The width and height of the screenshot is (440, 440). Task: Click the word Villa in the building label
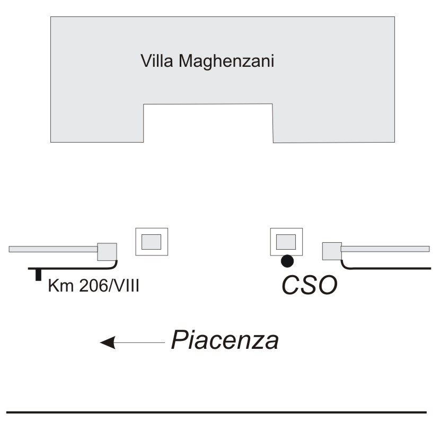157,61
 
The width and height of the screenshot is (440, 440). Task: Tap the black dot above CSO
287,260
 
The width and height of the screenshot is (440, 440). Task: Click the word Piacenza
225,340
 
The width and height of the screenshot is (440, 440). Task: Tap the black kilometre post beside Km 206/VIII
38,274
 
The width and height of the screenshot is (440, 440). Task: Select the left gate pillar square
152,242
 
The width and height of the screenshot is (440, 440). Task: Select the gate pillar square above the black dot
287,242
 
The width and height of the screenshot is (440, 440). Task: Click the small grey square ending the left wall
107,251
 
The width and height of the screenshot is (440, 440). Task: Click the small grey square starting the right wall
332,250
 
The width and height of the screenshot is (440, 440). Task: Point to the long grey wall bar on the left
53,248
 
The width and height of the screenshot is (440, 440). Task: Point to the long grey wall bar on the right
385,248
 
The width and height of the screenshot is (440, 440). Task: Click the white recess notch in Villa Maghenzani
208,123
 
